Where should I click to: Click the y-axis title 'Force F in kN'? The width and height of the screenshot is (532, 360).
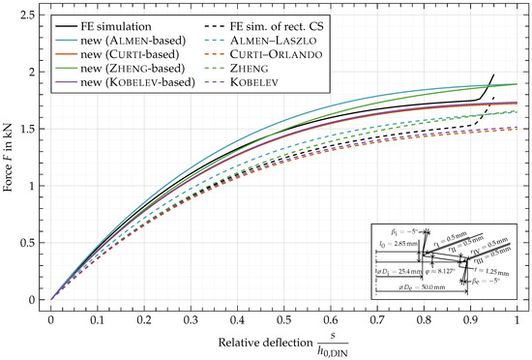(x=11, y=156)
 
